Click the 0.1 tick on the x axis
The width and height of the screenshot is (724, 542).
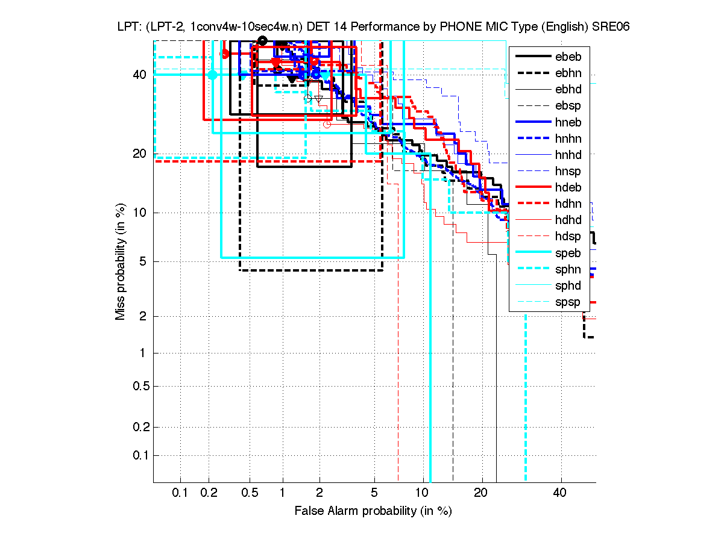(180, 493)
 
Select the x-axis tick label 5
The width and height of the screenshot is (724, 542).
(374, 493)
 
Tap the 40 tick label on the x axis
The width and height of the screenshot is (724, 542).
(561, 493)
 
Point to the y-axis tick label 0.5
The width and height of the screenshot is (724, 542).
(140, 386)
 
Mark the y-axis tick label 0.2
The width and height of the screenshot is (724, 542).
(140, 428)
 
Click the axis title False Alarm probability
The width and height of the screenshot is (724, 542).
(373, 511)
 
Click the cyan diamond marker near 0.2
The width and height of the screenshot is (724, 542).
(212, 75)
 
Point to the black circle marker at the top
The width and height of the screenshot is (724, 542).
(262, 40)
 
